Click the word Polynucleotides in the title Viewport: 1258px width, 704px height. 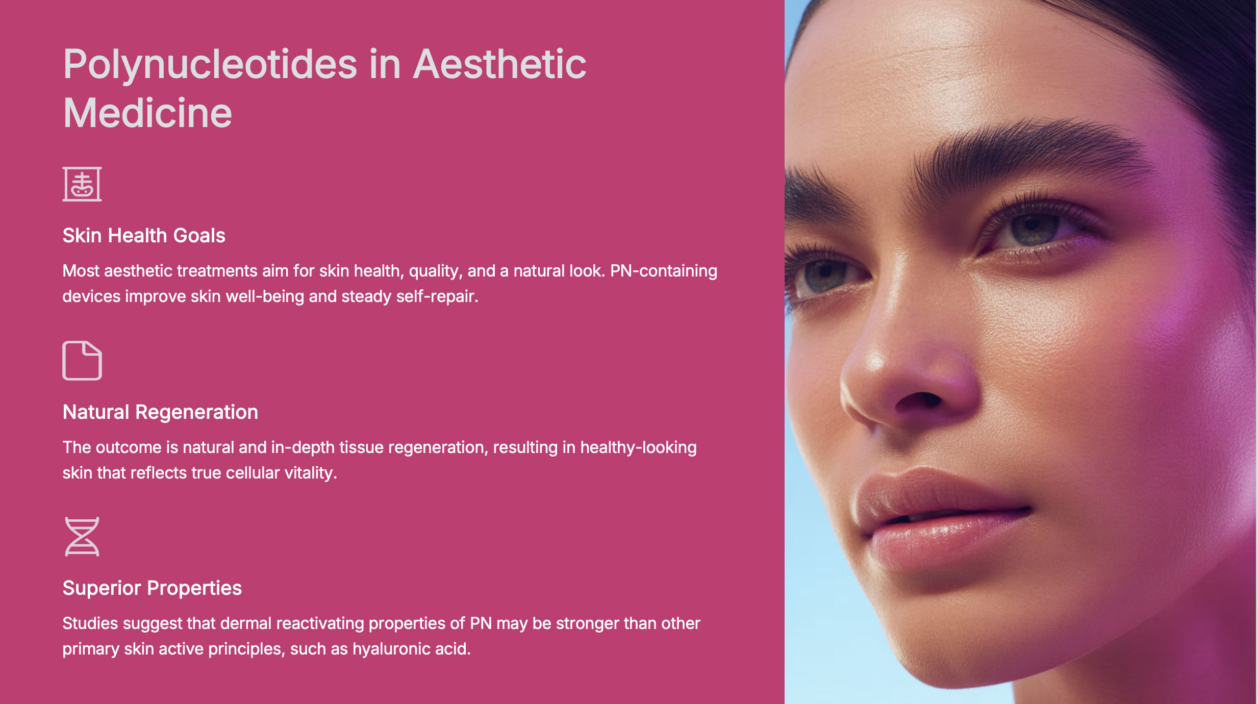(210, 65)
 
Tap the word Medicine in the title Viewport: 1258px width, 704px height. (147, 113)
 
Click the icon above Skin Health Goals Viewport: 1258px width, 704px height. (82, 184)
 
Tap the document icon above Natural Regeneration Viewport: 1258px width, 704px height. (82, 361)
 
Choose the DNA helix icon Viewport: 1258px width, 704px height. (82, 537)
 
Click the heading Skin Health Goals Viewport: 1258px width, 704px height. (144, 236)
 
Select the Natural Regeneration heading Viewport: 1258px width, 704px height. (160, 412)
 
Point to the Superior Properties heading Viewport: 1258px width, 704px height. (152, 588)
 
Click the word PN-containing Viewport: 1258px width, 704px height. (664, 271)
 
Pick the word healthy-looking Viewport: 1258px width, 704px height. (638, 448)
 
